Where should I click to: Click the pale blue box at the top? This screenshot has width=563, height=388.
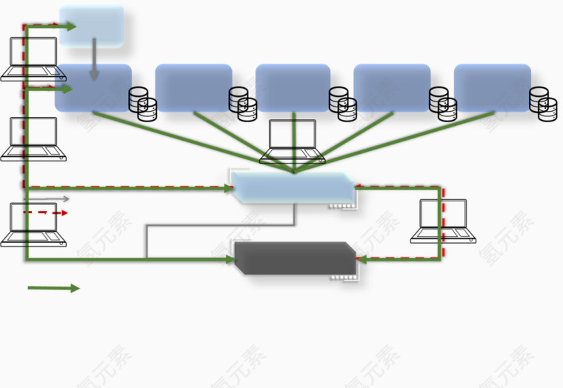click(92, 26)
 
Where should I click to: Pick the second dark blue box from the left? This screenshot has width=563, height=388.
click(193, 88)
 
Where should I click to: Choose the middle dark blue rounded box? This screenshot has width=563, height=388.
click(293, 88)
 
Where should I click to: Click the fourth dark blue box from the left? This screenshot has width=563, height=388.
click(392, 88)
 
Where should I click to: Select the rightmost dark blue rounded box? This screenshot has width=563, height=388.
click(492, 88)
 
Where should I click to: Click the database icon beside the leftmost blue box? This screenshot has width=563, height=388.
click(143, 104)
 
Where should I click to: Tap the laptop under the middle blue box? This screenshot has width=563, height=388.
click(293, 141)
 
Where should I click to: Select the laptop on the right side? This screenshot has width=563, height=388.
click(443, 221)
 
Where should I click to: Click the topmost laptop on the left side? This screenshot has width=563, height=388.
click(33, 58)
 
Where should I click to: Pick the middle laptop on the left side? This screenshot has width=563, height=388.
click(33, 138)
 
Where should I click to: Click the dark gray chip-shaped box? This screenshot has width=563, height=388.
click(295, 258)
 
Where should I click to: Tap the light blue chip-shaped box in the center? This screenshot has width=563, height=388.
click(293, 188)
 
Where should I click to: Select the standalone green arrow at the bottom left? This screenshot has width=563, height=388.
click(53, 288)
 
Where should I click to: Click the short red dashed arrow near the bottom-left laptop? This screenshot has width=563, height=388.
click(45, 213)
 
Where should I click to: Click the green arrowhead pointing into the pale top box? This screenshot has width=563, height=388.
click(70, 27)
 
